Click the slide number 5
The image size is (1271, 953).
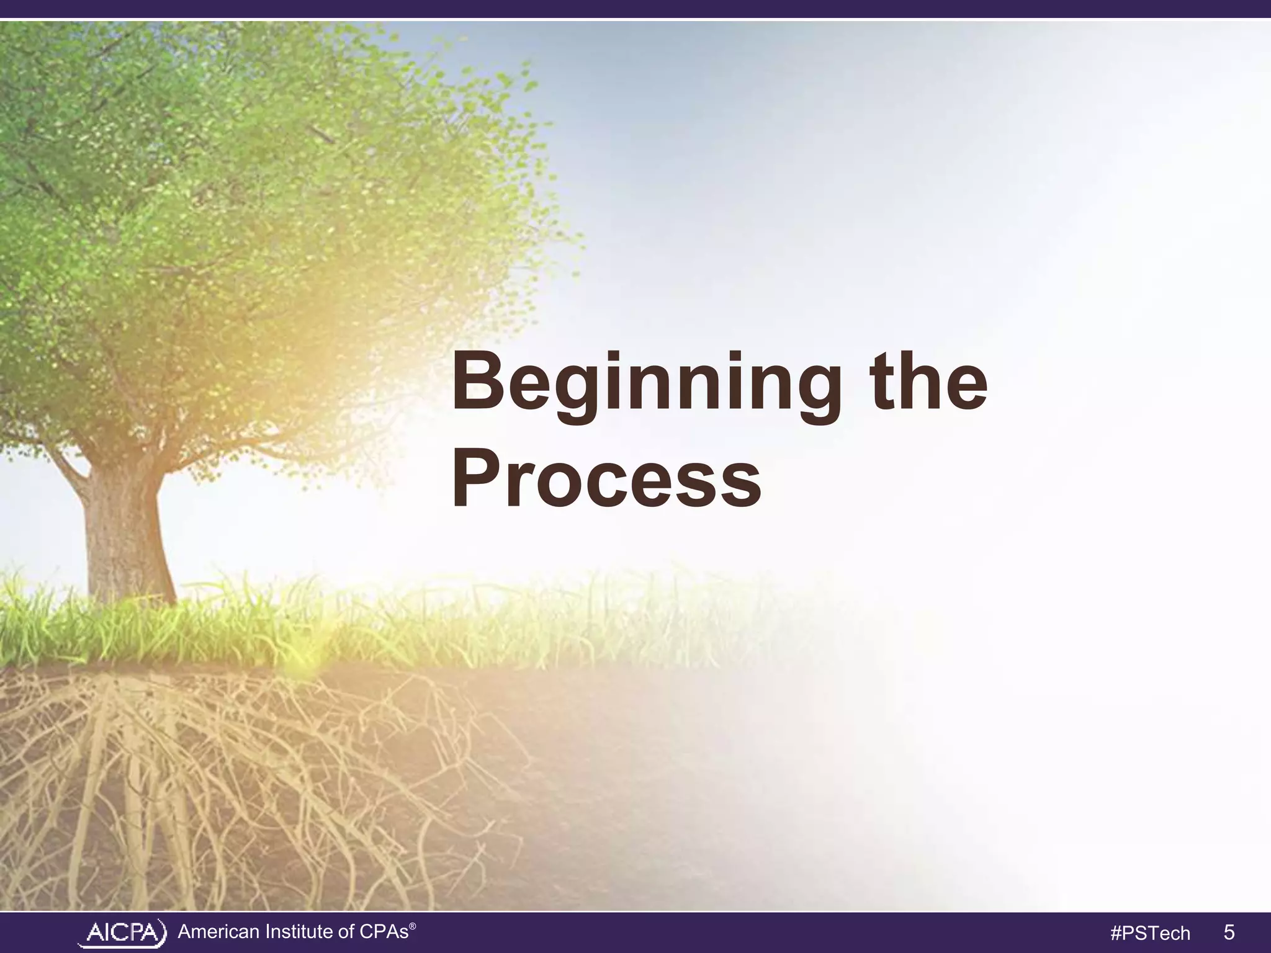[x=1229, y=932]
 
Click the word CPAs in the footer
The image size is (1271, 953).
[x=384, y=932]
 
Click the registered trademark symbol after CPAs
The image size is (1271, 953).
[x=413, y=924]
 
